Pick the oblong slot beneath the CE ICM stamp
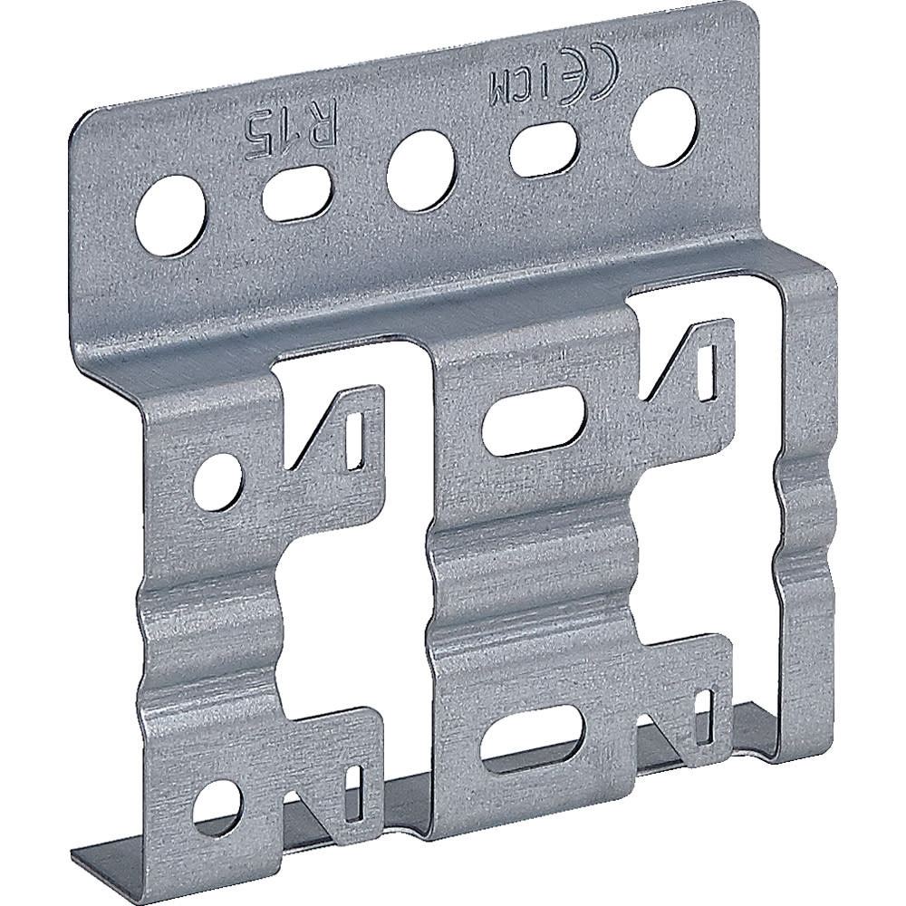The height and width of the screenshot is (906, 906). (545, 148)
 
